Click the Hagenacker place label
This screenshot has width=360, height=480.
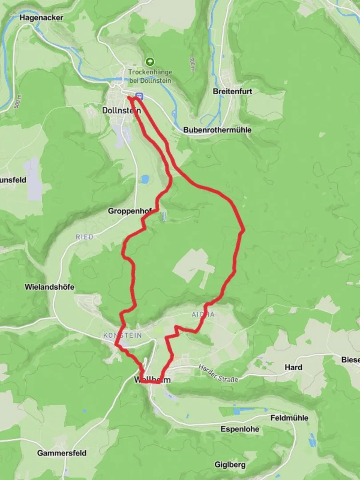pyautogui.click(x=41, y=18)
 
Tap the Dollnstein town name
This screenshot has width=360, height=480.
pyautogui.click(x=121, y=110)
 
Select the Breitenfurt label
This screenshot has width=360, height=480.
pyautogui.click(x=232, y=91)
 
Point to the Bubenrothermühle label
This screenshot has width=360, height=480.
pyautogui.click(x=217, y=130)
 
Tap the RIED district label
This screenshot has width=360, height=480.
pyautogui.click(x=84, y=237)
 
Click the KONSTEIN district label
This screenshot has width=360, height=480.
pyautogui.click(x=122, y=335)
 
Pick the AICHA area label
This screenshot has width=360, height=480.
pyautogui.click(x=203, y=315)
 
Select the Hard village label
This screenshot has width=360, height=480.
pyautogui.click(x=293, y=367)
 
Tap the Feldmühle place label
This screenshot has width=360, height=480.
pyautogui.click(x=289, y=418)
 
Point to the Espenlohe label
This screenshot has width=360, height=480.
pyautogui.click(x=240, y=429)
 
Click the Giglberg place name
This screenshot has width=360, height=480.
pyautogui.click(x=230, y=465)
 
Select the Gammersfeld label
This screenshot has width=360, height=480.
pyautogui.click(x=62, y=453)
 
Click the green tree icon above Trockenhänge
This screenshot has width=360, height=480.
pyautogui.click(x=150, y=62)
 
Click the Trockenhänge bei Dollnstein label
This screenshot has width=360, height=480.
pyautogui.click(x=150, y=76)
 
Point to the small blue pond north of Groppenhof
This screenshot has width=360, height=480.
pyautogui.click(x=145, y=179)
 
